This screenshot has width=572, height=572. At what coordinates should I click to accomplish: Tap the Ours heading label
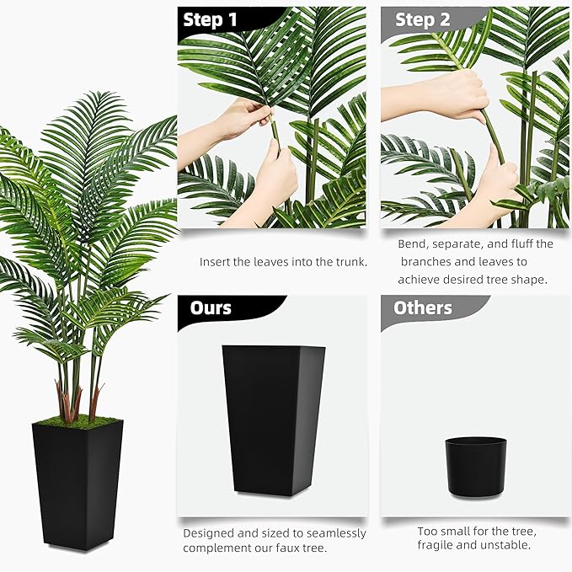click(x=211, y=307)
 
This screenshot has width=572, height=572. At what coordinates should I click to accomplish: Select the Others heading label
click(x=423, y=307)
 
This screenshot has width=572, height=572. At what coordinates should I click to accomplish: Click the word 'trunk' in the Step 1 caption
click(x=348, y=262)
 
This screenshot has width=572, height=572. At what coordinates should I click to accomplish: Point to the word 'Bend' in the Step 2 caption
click(x=412, y=244)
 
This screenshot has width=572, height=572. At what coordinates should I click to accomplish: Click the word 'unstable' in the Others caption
click(x=509, y=545)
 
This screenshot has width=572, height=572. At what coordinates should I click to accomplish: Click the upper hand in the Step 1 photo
click(x=240, y=117)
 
